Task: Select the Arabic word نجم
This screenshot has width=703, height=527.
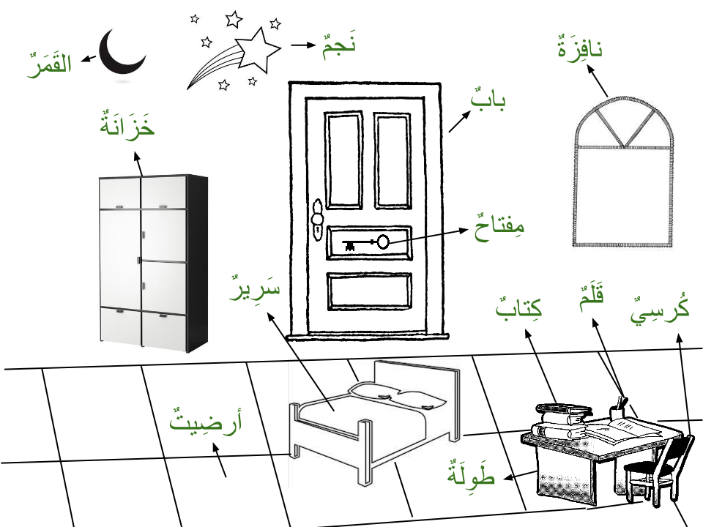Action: click(x=339, y=45)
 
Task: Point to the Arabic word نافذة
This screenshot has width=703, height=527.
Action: click(x=580, y=50)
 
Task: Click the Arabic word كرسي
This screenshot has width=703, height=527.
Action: click(x=660, y=307)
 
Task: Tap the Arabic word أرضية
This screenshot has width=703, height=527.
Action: click(x=205, y=420)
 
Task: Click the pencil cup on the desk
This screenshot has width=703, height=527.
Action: click(x=619, y=414)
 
